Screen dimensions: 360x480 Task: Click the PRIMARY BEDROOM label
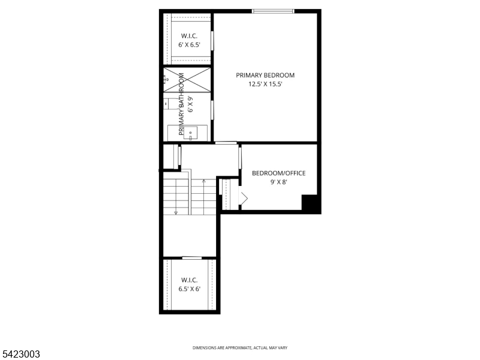265,75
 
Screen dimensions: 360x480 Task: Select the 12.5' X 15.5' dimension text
265,85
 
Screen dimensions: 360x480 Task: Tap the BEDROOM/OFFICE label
278,173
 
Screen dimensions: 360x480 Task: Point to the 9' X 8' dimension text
278,182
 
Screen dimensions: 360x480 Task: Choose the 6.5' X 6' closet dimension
189,289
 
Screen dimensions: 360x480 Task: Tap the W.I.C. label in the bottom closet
189,280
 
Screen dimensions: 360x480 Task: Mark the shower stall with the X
188,80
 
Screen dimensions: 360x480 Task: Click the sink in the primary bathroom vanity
191,132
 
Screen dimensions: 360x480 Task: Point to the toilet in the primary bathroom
173,104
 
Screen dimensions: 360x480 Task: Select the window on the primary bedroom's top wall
273,11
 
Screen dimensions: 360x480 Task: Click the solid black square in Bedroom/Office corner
310,203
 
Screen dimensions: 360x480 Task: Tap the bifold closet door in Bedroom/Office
244,198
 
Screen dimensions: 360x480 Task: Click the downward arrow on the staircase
176,211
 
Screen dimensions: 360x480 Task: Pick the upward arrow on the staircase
204,180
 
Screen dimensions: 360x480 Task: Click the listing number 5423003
21,355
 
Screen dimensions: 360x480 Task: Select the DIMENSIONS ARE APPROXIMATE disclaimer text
239,348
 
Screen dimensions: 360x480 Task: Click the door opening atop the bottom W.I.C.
191,258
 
